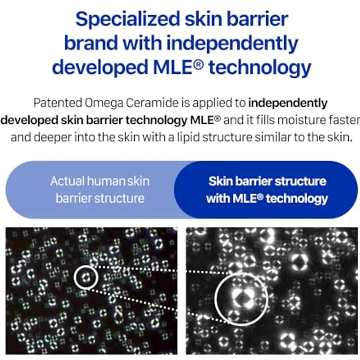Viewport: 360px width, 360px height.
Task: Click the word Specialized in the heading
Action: pyautogui.click(x=128, y=20)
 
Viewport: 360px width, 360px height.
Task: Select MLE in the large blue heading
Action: pyautogui.click(x=172, y=67)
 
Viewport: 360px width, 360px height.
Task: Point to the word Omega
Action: pyautogui.click(x=104, y=103)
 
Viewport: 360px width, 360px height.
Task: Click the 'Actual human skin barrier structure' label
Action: pyautogui.click(x=100, y=190)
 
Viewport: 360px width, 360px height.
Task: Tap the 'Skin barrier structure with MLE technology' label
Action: pyautogui.click(x=267, y=190)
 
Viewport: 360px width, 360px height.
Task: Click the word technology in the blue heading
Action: pyautogui.click(x=260, y=67)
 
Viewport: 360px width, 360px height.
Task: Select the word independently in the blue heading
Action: pyautogui.click(x=232, y=44)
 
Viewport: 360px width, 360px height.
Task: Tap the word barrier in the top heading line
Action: pyautogui.click(x=257, y=20)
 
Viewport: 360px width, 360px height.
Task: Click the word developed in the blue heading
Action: pyautogui.click(x=100, y=67)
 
